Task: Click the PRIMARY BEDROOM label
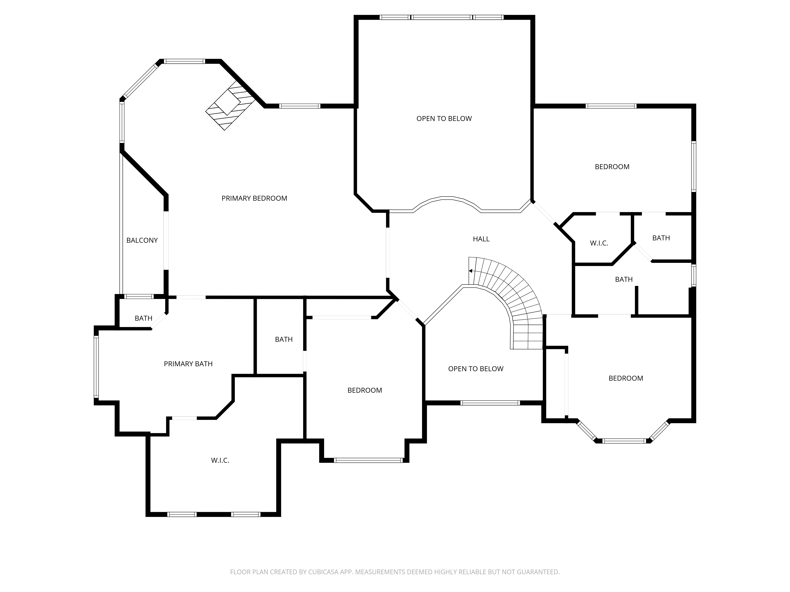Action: point(254,198)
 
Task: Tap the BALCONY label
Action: point(142,241)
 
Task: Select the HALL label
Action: point(481,239)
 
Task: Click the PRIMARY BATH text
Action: point(188,364)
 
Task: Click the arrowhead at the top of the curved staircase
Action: point(471,271)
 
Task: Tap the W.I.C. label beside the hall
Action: point(599,243)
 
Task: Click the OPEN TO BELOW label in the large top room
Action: point(444,119)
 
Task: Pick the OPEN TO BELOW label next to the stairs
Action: point(476,369)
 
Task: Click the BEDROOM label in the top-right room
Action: point(612,167)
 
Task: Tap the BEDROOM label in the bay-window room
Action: point(626,378)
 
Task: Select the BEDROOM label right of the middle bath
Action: point(365,390)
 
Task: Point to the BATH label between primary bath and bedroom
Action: point(284,340)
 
